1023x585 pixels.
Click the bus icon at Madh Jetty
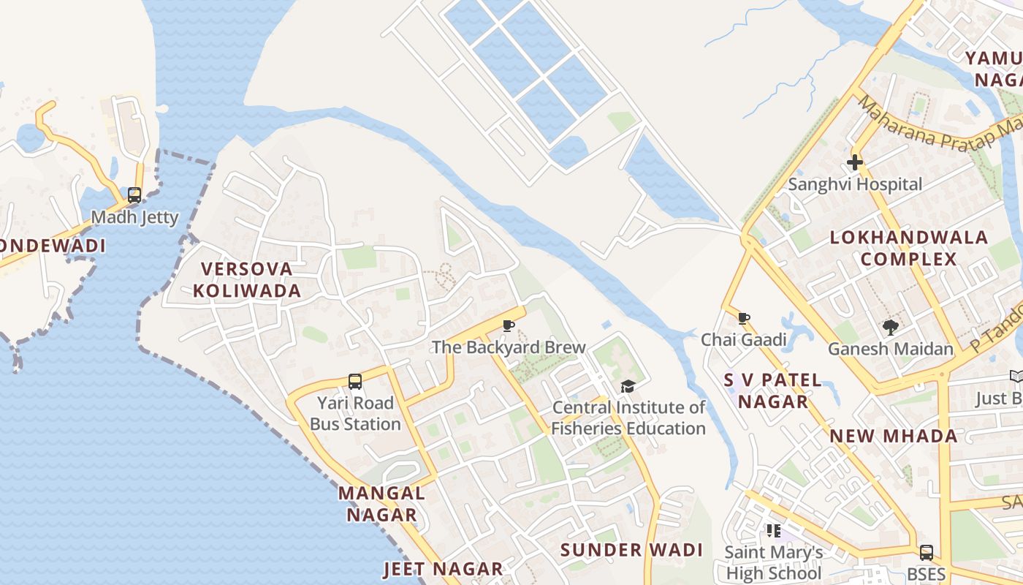point(134,195)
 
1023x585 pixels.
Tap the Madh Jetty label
point(134,218)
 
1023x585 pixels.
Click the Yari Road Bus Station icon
point(355,381)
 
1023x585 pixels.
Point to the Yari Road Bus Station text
point(355,413)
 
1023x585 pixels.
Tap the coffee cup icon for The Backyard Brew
point(509,325)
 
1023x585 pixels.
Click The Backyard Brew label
point(509,347)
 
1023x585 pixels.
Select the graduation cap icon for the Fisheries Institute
point(628,386)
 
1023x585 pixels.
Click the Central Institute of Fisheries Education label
point(628,418)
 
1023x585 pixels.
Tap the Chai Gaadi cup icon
point(744,318)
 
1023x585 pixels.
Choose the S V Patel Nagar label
point(773,390)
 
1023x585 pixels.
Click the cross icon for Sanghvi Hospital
point(855,162)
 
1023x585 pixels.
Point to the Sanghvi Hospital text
point(855,184)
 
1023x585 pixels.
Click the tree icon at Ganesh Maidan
point(890,327)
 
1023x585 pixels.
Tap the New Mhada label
point(893,437)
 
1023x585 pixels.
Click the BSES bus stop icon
point(926,553)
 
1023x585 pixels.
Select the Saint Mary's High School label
point(773,562)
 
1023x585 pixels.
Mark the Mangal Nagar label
point(381,504)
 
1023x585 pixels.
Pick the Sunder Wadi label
point(631,550)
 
